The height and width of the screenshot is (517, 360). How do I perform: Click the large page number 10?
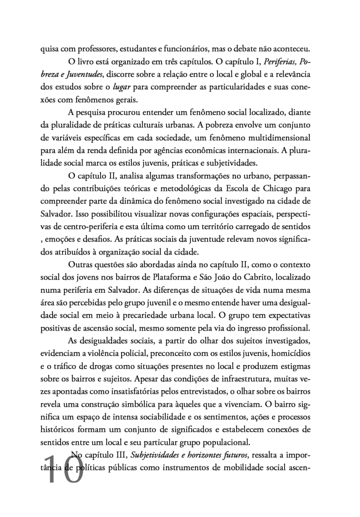64,470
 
